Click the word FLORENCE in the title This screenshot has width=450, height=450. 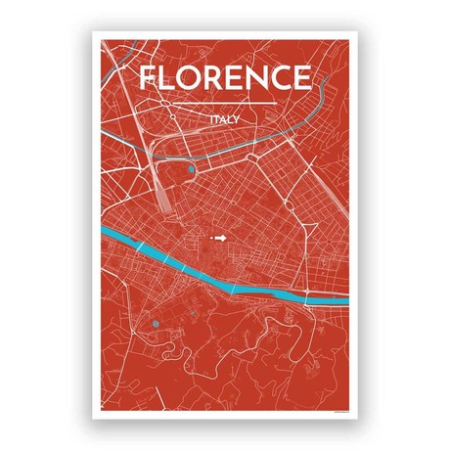coord(225,78)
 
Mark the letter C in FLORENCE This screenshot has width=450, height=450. coord(282,78)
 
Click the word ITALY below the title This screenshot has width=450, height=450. coord(225,120)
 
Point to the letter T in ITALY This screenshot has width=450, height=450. coord(216,120)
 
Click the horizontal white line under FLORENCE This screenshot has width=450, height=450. coord(225,102)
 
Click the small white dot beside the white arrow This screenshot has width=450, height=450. coord(210,237)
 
